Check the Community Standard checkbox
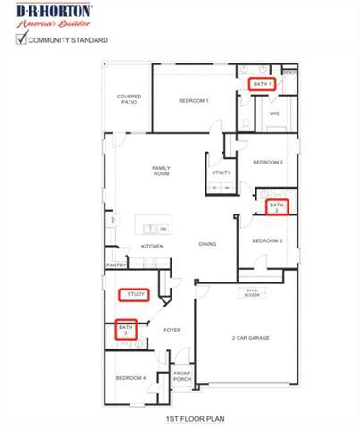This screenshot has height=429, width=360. point(21,39)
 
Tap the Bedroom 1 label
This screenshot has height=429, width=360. point(193,101)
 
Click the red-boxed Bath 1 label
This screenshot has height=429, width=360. point(262,83)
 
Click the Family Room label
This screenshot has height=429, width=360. point(161,171)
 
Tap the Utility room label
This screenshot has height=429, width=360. point(222,172)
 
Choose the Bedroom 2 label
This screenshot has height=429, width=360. point(267,162)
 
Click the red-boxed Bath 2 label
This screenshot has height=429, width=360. point(277,206)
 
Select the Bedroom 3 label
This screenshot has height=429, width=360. point(267,241)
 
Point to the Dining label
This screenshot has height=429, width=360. point(207,244)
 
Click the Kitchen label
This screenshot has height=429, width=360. point(152,247)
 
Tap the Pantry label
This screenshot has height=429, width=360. point(116,265)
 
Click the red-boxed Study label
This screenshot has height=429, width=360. point(136,293)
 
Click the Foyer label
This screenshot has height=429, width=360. point(172,330)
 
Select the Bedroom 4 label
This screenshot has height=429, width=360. point(130,378)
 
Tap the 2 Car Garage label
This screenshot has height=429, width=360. point(251,338)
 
